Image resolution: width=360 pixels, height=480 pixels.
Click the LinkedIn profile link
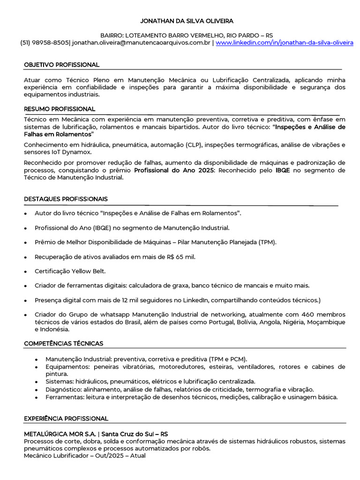click(285, 43)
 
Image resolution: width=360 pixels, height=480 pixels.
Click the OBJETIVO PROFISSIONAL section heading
click(61, 65)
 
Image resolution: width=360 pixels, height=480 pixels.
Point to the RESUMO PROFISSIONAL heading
click(60, 109)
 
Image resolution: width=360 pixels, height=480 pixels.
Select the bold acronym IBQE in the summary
click(283, 171)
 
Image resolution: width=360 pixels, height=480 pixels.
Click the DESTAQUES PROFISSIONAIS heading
click(66, 199)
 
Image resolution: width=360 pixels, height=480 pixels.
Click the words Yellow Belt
click(89, 271)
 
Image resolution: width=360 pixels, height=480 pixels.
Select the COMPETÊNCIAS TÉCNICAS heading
click(64, 344)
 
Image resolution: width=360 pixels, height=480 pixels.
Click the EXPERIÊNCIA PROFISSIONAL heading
click(66, 418)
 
